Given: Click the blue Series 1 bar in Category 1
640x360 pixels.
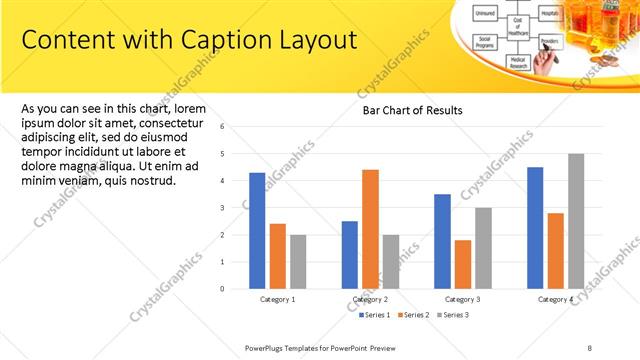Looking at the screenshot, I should (x=257, y=231).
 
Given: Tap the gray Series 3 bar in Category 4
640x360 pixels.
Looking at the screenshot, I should (x=576, y=221).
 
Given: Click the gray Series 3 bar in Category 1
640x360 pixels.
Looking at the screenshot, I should (x=298, y=262).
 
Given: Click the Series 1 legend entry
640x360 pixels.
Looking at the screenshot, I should (x=377, y=315).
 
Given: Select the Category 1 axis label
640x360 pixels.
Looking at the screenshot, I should (x=277, y=300).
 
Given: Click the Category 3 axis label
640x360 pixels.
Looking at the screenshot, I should (x=463, y=300).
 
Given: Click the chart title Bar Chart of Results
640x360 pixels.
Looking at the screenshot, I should (x=412, y=110).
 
